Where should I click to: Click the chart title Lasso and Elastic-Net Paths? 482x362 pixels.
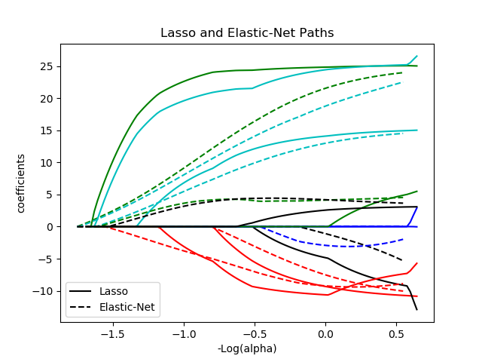pos(247,33)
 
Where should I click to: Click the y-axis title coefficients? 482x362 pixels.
pos(21,183)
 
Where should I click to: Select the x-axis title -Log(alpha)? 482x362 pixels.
pos(247,348)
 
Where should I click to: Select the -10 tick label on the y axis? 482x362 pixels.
pos(44,291)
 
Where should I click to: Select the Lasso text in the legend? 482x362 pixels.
pos(114,291)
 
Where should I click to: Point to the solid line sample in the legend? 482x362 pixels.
pos(83,291)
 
